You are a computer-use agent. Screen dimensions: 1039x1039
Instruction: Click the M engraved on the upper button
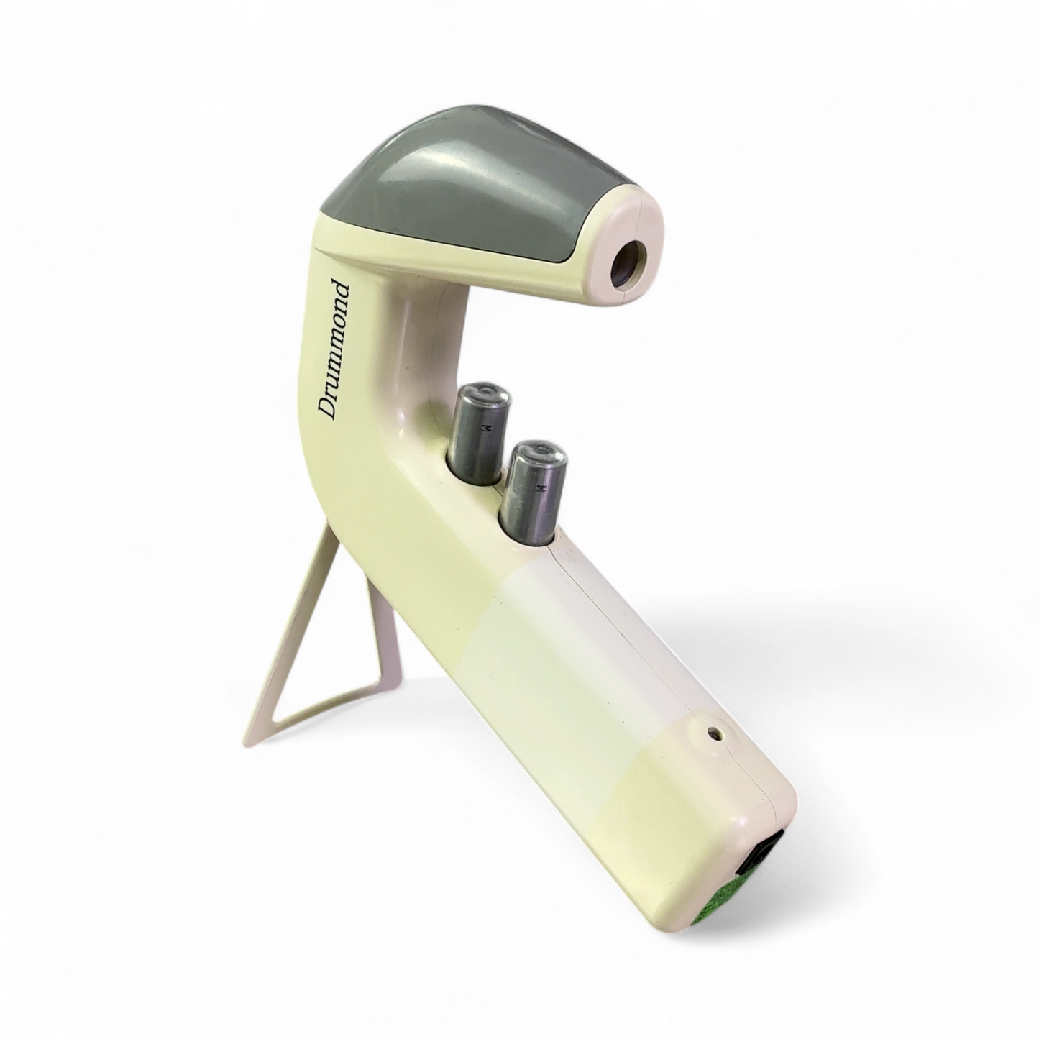tap(487, 429)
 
